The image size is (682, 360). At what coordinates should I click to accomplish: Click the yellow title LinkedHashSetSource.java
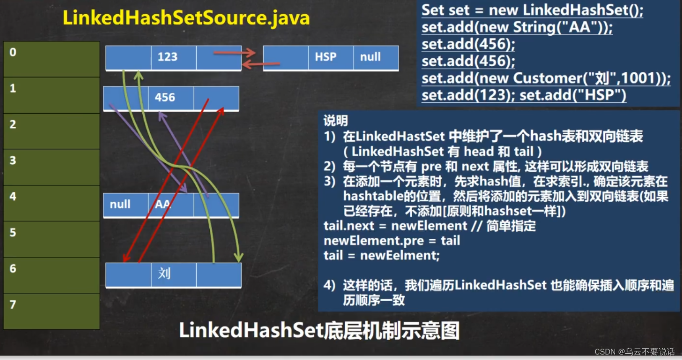pos(186,18)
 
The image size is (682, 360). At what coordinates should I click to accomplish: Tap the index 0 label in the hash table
pos(13,52)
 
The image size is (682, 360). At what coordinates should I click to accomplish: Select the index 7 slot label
pos(13,305)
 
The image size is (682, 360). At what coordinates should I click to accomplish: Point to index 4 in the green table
pos(13,196)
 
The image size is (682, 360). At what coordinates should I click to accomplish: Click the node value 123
pos(167,57)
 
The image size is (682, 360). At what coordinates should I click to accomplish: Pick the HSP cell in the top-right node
pos(325,57)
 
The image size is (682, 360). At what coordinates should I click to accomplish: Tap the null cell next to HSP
pos(370,57)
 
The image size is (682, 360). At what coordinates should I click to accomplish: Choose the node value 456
pos(165,98)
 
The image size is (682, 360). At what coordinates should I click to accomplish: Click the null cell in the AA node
pos(120,204)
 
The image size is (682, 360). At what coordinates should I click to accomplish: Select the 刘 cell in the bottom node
pos(164,274)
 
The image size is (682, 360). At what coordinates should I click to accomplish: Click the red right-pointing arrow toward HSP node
pos(234,53)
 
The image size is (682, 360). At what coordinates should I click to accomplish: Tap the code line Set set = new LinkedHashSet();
pos(532,10)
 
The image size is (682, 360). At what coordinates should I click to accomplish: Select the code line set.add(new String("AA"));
pos(517,27)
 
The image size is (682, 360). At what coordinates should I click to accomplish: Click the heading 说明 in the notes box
pos(336,121)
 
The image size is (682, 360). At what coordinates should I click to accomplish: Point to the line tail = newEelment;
pos(381,256)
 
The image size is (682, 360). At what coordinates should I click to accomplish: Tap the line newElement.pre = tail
pos(392,241)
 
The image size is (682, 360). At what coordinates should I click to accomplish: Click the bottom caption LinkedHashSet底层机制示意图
pos(319,331)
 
